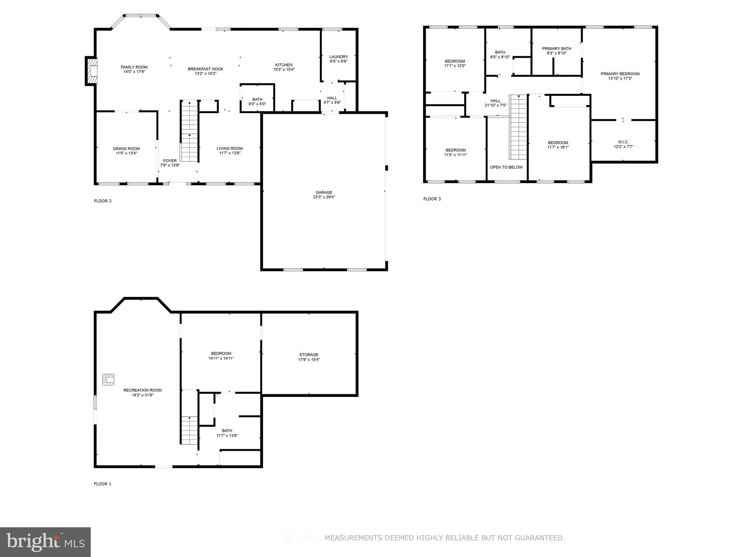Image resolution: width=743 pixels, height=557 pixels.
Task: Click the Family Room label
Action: click(134, 67)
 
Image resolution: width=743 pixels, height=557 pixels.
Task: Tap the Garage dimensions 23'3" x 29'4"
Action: click(324, 197)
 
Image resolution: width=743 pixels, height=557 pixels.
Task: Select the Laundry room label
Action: click(338, 57)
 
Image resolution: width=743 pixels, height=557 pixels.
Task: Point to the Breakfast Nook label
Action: click(205, 69)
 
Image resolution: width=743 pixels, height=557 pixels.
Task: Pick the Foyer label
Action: click(170, 161)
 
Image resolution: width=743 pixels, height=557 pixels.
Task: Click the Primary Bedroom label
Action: click(620, 74)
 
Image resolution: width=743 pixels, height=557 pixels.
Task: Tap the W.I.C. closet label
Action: click(623, 142)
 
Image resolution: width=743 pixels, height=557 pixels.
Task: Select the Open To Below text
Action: click(506, 167)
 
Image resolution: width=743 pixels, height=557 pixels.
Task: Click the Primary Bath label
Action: click(556, 49)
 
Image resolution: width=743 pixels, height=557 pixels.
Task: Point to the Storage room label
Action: click(309, 355)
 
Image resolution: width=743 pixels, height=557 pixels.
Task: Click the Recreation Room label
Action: click(143, 390)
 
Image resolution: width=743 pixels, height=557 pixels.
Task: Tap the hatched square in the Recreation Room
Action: click(108, 380)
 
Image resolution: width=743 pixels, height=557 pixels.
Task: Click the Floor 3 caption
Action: click(432, 199)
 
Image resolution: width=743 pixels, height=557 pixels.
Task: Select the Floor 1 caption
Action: click(103, 484)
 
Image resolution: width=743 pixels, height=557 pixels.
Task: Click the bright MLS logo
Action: click(45, 542)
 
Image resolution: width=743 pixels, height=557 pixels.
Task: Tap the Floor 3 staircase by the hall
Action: click(518, 127)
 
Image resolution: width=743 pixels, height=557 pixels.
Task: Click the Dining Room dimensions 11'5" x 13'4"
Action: click(126, 153)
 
